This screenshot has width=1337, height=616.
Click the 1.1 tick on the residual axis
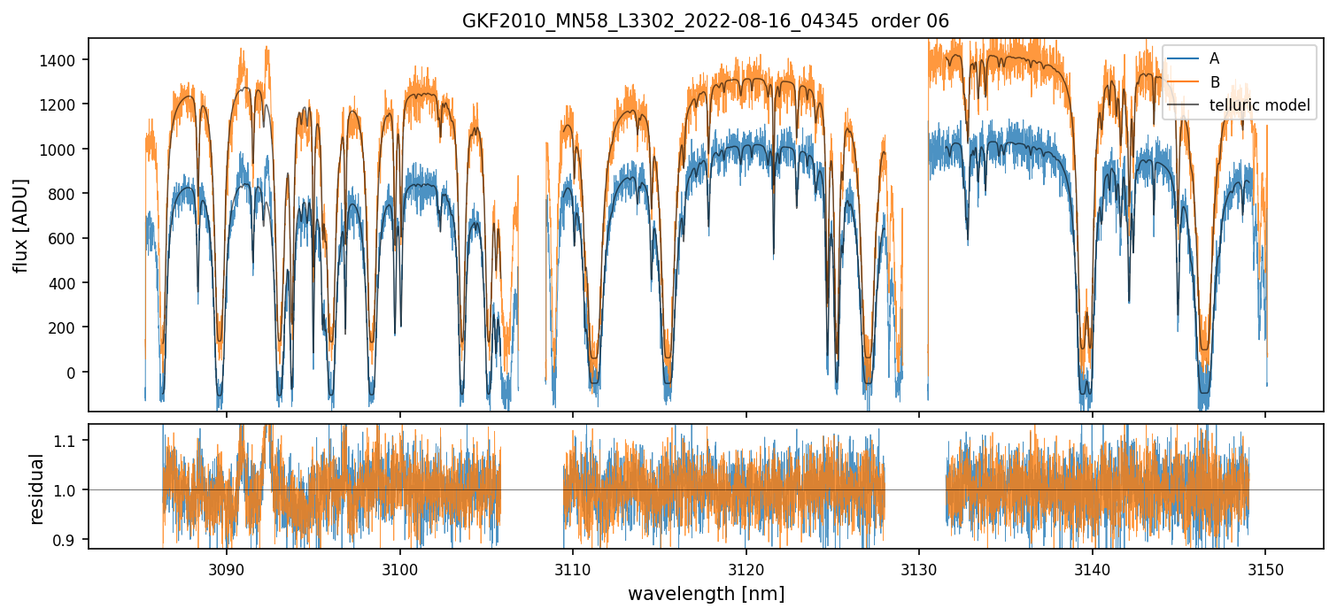click(71, 441)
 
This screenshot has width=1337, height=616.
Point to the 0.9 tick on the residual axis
click(71, 540)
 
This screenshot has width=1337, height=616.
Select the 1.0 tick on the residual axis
click(71, 490)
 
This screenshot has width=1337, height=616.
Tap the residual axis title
click(37, 489)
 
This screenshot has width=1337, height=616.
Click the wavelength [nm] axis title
click(706, 593)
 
